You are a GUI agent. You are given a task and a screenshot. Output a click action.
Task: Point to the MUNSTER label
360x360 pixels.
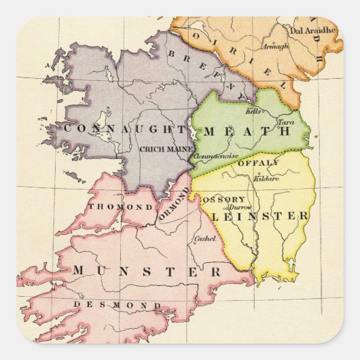tap(147, 271)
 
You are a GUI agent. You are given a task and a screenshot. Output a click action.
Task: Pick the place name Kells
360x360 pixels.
tap(253, 110)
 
